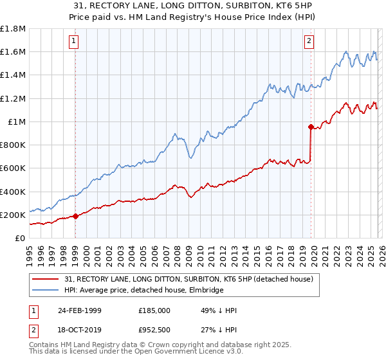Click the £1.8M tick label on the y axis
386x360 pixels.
(x=13, y=29)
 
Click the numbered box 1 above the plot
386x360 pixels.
(x=75, y=41)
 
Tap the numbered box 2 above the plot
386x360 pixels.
(x=309, y=41)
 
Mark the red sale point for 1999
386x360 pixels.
(x=76, y=216)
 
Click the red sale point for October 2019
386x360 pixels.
(x=311, y=127)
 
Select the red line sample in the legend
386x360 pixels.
(x=46, y=279)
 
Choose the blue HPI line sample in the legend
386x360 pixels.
(x=46, y=290)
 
